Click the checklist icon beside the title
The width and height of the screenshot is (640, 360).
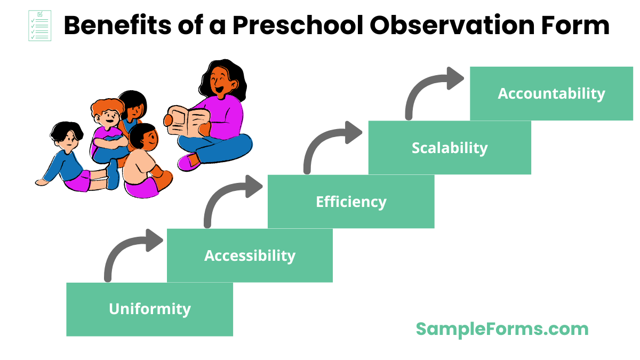[39, 26]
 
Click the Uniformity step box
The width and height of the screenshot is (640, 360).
[149, 309]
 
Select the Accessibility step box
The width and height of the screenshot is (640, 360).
[250, 255]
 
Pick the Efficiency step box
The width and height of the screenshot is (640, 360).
[351, 202]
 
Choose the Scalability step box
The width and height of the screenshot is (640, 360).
[450, 148]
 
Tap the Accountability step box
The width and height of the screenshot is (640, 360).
[551, 93]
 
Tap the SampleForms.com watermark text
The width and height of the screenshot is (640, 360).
[502, 329]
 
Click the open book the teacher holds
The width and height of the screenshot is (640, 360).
[186, 121]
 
